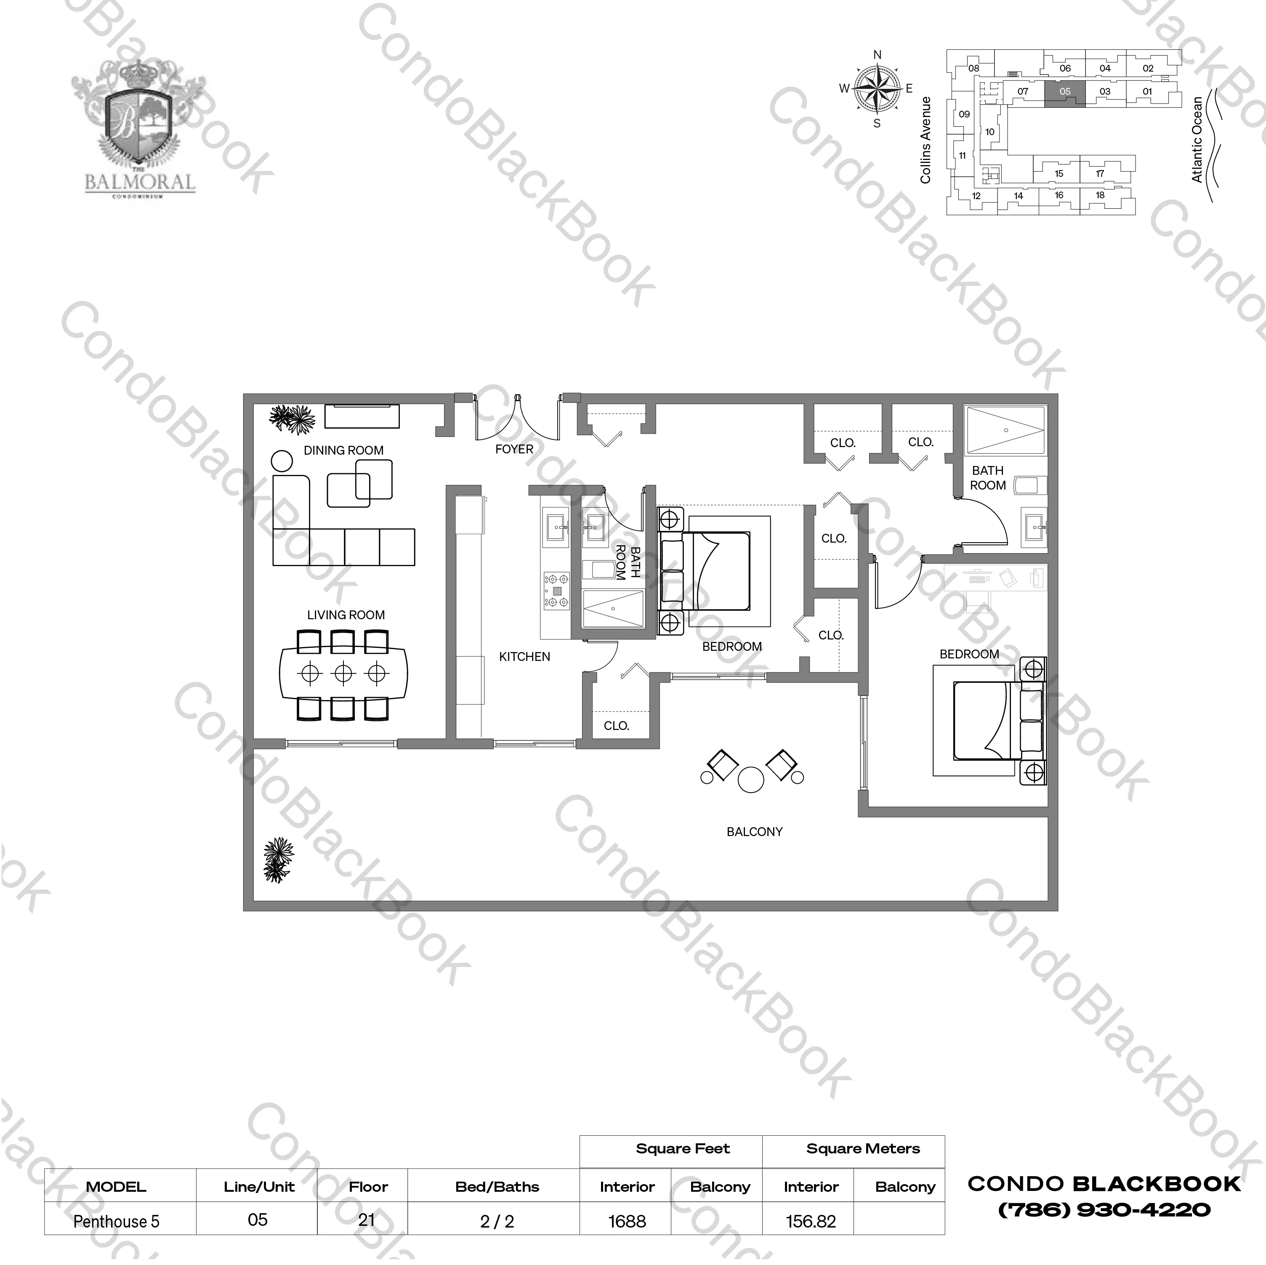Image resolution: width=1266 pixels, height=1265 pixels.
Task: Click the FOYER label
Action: pyautogui.click(x=514, y=449)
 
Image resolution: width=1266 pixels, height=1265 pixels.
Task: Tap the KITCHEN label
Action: pyautogui.click(x=524, y=656)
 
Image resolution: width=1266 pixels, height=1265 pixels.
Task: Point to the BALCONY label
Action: pyautogui.click(x=754, y=832)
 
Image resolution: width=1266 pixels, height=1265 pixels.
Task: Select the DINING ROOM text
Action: pyautogui.click(x=343, y=450)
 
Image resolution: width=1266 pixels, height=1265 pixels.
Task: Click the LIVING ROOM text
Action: pyautogui.click(x=346, y=615)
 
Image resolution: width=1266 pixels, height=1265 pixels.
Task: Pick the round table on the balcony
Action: pyautogui.click(x=751, y=780)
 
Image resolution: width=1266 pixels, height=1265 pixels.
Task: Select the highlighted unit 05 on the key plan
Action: pyautogui.click(x=1065, y=93)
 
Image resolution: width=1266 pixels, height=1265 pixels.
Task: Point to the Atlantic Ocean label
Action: pyautogui.click(x=1197, y=140)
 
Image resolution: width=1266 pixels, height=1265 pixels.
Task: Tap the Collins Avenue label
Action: pyautogui.click(x=925, y=140)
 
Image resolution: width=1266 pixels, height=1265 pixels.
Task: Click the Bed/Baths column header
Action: pyautogui.click(x=497, y=1186)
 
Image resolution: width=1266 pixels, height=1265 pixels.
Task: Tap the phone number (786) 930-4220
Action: pyautogui.click(x=1104, y=1210)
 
